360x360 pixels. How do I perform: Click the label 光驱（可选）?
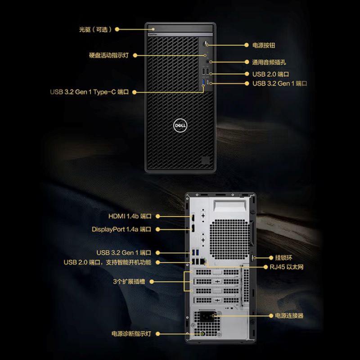[x=95, y=29]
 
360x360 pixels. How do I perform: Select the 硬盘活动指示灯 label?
[x=109, y=55]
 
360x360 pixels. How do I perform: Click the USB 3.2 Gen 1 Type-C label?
[x=90, y=92]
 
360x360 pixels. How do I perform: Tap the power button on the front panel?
[x=207, y=44]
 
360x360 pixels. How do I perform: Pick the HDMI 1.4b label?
[x=130, y=216]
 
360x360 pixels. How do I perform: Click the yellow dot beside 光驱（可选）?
[x=117, y=29]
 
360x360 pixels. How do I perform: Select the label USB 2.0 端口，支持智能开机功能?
[x=107, y=262]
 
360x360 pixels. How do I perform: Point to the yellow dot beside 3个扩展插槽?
[x=151, y=282]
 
